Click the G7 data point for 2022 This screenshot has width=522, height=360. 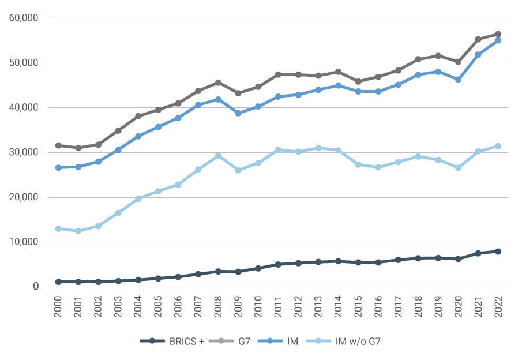pos(498,34)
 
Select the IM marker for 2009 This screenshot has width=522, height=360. pos(238,113)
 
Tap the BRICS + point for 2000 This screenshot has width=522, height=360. pos(58,282)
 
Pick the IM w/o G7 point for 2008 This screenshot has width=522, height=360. pos(218,156)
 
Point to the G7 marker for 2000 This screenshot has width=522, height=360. pos(58,145)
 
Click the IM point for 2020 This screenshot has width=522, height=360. pos(458,80)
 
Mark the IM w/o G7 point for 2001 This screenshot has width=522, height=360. pos(78,231)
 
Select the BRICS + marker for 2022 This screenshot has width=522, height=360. pos(498,252)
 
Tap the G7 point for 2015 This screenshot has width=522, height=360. pos(358,81)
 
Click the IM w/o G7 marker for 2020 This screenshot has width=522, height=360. pos(458,168)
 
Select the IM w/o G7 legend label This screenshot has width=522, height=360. pos(358,341)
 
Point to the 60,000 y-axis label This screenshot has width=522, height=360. pos(24,18)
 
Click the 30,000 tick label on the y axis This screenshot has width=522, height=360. pos(24,152)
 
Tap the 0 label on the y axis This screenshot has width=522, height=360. pos(35,287)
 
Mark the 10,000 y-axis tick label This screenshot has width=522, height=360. pos(24,242)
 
